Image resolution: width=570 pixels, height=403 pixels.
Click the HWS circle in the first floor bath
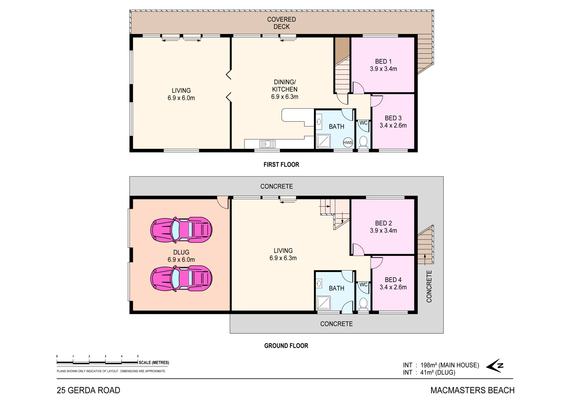click(x=348, y=143)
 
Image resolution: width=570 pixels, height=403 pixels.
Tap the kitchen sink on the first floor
click(x=267, y=144)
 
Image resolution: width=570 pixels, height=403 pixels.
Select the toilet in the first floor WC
click(x=363, y=141)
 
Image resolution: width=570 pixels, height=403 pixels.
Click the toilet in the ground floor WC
click(x=363, y=303)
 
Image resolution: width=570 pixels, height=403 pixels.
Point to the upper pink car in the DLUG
click(x=181, y=229)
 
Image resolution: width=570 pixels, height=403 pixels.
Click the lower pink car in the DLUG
click(x=181, y=278)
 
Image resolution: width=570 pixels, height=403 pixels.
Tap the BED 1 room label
click(x=383, y=62)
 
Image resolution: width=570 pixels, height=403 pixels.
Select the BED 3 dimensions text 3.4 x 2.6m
click(x=393, y=126)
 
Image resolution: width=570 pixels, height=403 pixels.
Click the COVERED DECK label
click(x=281, y=23)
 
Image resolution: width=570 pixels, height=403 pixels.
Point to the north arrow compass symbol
click(x=495, y=366)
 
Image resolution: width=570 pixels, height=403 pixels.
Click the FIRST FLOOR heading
click(x=281, y=165)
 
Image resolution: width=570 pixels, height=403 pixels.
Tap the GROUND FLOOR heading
click(x=286, y=346)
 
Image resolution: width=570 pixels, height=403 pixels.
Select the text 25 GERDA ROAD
click(x=88, y=390)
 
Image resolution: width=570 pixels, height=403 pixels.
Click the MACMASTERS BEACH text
click(x=472, y=390)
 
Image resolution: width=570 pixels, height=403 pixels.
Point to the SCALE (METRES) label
click(x=154, y=362)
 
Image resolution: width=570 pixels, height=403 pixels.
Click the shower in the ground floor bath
click(x=323, y=303)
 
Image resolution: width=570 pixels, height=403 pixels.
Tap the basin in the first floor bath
click(x=319, y=121)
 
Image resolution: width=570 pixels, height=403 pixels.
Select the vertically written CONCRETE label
click(x=429, y=286)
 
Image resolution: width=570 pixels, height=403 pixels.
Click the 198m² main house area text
click(x=449, y=365)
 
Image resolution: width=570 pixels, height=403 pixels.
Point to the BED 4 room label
click(x=393, y=280)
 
